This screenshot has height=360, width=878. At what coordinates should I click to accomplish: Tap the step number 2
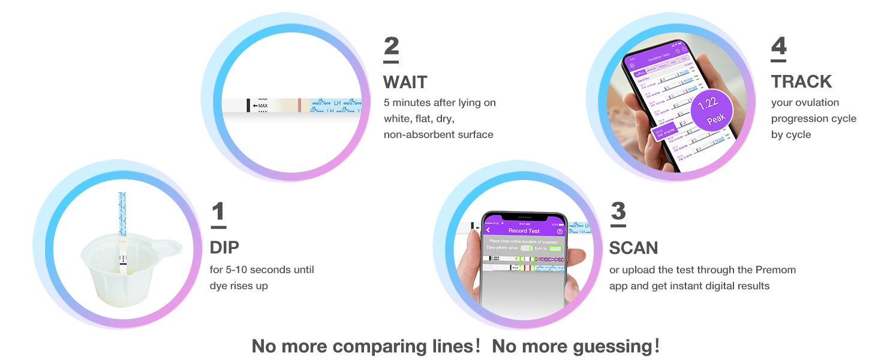pos(391,47)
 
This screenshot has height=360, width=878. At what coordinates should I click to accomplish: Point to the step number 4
pos(778,47)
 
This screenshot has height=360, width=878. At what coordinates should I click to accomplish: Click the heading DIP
pos(224,247)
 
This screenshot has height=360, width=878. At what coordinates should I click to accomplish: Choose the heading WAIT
pos(406,82)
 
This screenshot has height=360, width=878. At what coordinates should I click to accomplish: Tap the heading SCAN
pos(633,248)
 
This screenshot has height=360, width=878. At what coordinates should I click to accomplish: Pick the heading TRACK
pos(801,82)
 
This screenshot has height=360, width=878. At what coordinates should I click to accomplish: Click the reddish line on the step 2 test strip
pos(299,106)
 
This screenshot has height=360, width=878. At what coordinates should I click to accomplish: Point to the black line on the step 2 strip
pos(248,106)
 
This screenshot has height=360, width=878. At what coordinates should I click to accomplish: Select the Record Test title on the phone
pos(524,230)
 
